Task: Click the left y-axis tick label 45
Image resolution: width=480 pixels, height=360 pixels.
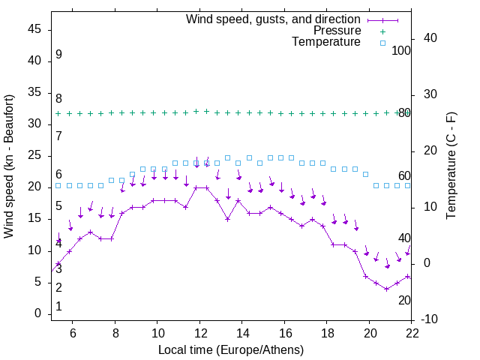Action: (35, 29)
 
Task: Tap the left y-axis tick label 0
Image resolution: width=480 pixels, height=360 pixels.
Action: (38, 313)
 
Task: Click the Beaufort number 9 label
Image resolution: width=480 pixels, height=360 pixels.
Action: (58, 55)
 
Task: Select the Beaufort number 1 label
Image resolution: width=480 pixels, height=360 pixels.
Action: (58, 307)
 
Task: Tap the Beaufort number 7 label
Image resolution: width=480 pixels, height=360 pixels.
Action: (58, 136)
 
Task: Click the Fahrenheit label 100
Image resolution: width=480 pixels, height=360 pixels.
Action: (402, 50)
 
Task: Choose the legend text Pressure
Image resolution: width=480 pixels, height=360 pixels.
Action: (337, 31)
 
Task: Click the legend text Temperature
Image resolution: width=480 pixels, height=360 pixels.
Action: (326, 42)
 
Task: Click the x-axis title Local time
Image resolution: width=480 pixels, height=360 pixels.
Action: (231, 349)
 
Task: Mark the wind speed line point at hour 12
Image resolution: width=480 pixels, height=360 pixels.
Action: (196, 187)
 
